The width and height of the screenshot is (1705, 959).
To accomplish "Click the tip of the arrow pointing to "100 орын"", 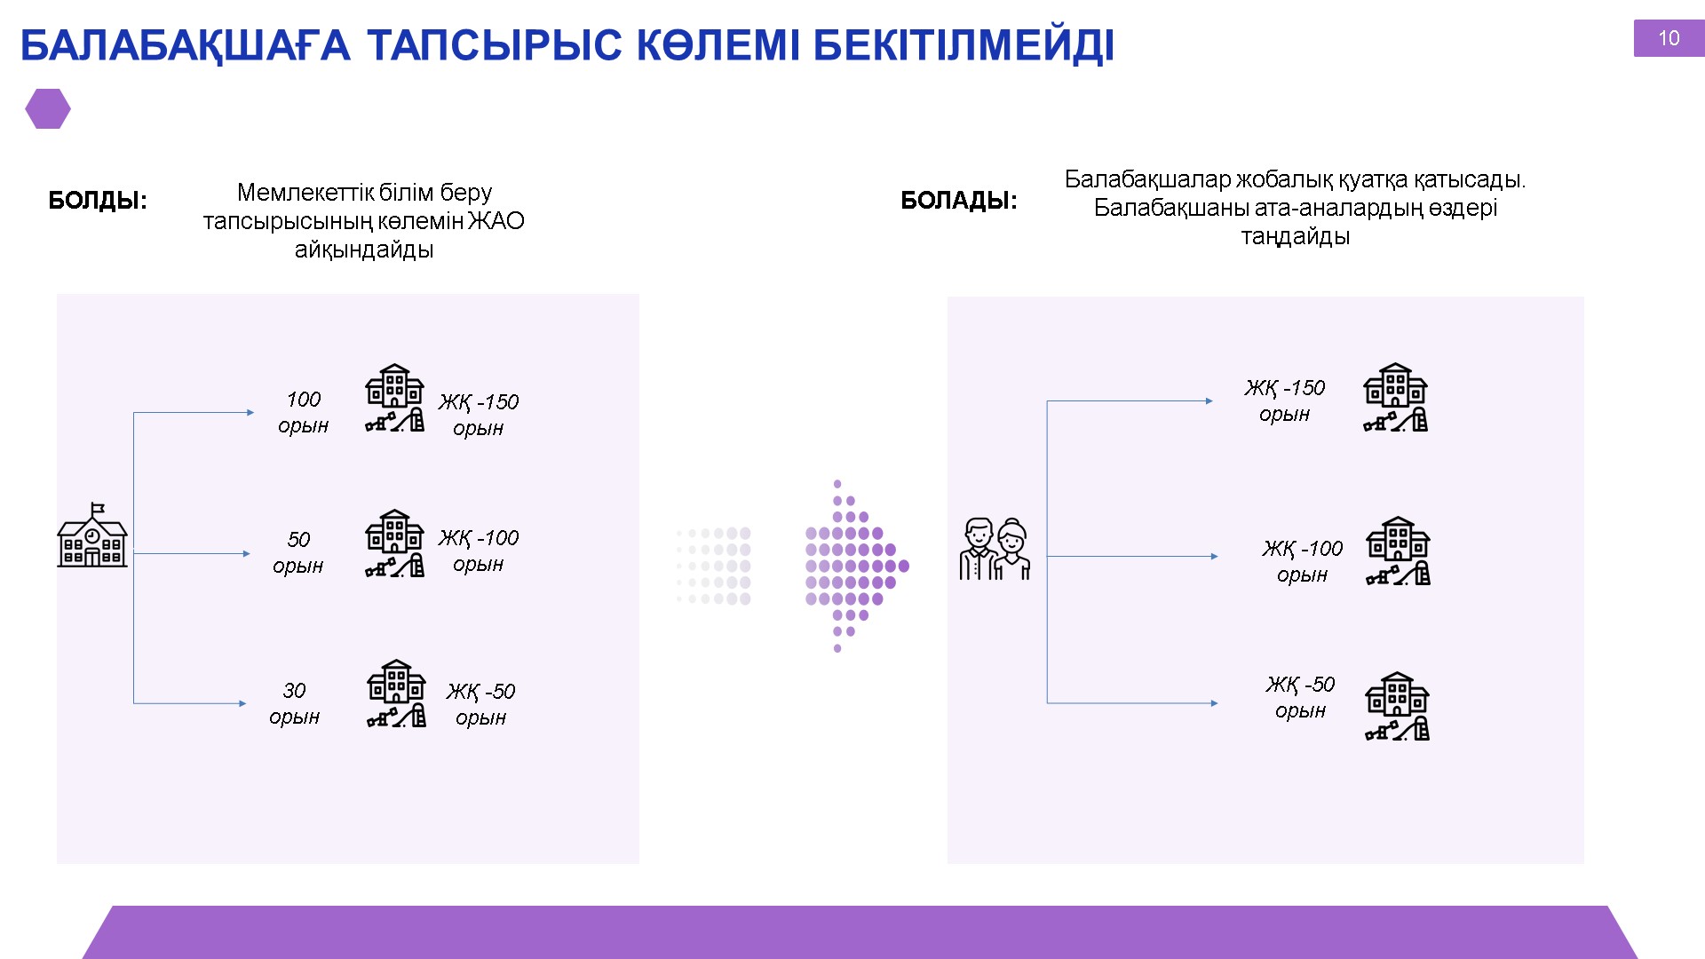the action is click(x=255, y=412).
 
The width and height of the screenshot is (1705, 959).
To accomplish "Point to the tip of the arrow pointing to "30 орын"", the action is click(x=247, y=703).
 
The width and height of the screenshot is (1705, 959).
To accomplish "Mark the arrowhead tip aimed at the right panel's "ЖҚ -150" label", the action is click(x=1213, y=401).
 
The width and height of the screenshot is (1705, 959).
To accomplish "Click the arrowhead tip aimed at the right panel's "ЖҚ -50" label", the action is click(x=1218, y=703).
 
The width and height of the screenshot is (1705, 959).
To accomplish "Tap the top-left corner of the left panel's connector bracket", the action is click(x=133, y=412).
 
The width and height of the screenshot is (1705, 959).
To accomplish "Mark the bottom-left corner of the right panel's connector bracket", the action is click(x=1047, y=703).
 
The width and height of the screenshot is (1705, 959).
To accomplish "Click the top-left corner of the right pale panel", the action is click(x=948, y=297).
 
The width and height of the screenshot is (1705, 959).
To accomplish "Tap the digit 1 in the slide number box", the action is click(x=1663, y=38).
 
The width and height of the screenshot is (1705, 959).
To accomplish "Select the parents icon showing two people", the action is click(x=995, y=549).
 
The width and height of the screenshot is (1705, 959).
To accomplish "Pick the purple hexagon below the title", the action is click(x=48, y=109).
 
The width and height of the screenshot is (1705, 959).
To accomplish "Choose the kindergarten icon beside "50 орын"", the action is click(x=395, y=543).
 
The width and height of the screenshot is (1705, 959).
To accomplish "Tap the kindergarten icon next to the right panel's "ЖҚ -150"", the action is click(x=1395, y=397).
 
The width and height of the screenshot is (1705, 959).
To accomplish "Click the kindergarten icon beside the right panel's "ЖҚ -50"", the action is click(x=1398, y=706).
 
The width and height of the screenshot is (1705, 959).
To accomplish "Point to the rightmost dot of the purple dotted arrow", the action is click(x=904, y=566).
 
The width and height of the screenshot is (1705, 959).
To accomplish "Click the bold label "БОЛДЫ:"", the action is click(x=98, y=201).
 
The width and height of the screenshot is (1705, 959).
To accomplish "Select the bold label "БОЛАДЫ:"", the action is click(x=959, y=201).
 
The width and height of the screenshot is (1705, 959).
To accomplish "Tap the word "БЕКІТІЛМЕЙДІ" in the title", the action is click(x=964, y=46).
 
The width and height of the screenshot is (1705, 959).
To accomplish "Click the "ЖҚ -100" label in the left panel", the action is click(x=479, y=538).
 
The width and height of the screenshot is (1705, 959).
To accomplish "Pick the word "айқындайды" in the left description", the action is click(x=364, y=250).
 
